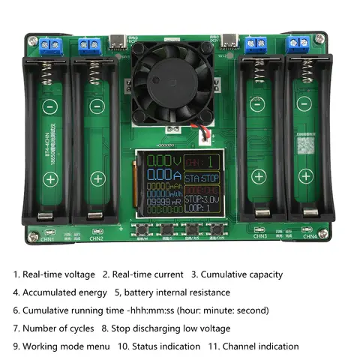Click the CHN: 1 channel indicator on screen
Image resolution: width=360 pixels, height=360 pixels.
[x=202, y=161]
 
